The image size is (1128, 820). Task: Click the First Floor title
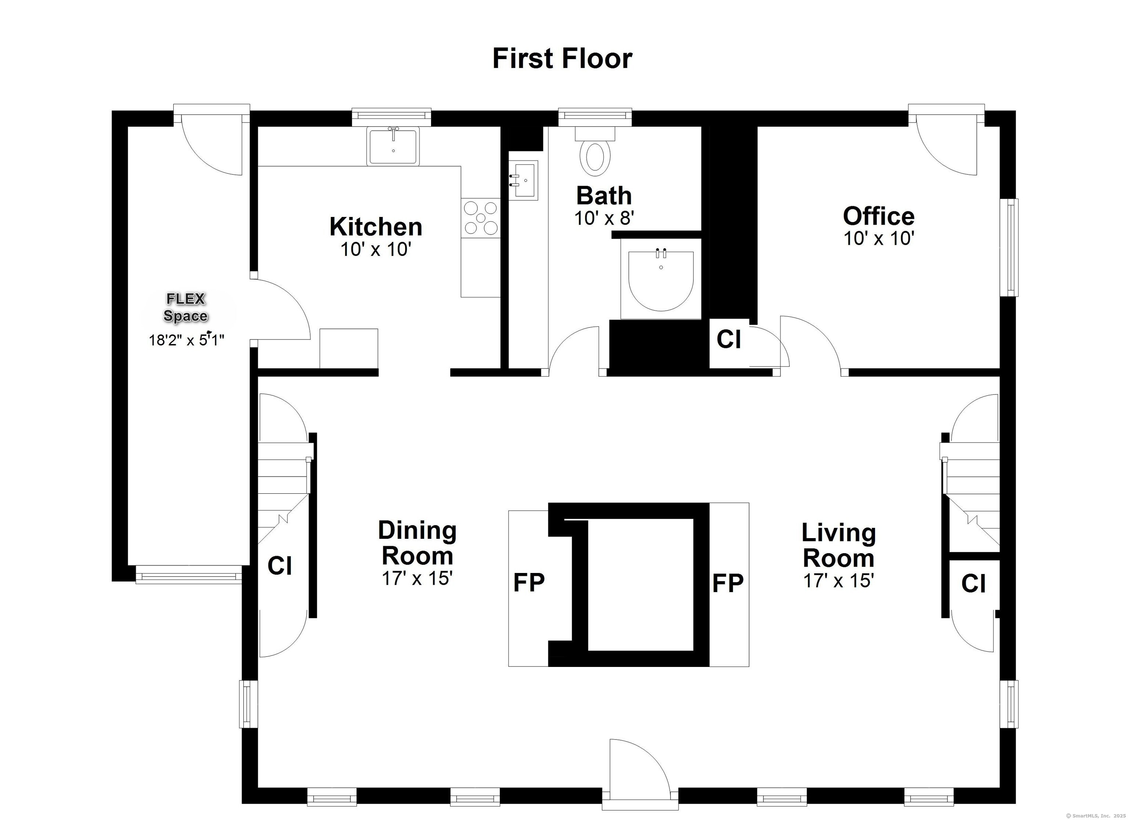(x=562, y=59)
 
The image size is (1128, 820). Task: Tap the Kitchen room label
(x=376, y=227)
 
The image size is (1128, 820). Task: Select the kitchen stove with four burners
(x=480, y=218)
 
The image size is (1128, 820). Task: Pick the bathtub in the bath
(x=661, y=280)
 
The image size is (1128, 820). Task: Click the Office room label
(x=879, y=216)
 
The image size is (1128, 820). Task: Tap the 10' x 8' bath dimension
(x=604, y=218)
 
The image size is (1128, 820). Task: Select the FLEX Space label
(x=185, y=307)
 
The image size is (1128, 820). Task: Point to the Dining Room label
(x=417, y=543)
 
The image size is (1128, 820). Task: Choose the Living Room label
(x=839, y=545)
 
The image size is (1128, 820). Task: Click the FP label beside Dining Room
(x=529, y=583)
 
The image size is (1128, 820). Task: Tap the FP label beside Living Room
(x=728, y=583)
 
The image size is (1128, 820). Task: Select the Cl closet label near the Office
(x=728, y=339)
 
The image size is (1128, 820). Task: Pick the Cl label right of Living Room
(x=973, y=584)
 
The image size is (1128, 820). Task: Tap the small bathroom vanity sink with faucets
(x=523, y=180)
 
